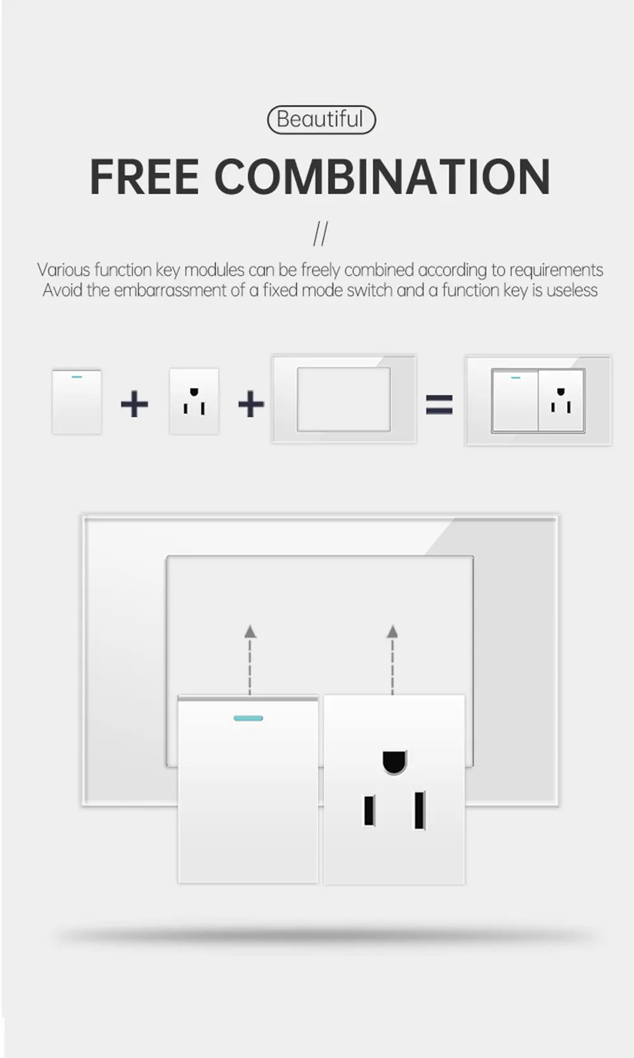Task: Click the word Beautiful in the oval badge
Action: [x=321, y=119]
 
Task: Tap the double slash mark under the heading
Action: [x=321, y=234]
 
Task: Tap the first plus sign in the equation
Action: [x=134, y=404]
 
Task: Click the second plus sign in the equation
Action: [x=251, y=404]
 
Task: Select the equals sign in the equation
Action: [x=439, y=404]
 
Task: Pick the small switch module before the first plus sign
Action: [x=77, y=402]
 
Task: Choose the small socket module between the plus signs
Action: [x=194, y=402]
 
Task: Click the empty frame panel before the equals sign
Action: [x=344, y=399]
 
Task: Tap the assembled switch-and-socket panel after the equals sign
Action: [x=538, y=401]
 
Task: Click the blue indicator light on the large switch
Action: [x=249, y=718]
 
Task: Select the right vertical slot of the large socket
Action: [x=419, y=810]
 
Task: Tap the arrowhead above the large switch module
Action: [x=250, y=631]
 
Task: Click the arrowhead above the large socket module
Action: [x=392, y=631]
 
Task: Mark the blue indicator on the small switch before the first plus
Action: [x=77, y=377]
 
